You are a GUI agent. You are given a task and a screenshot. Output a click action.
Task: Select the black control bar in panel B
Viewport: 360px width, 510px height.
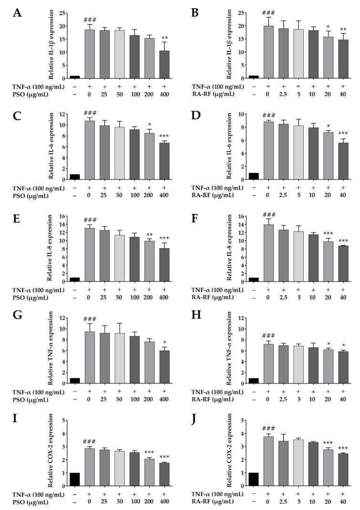click(x=253, y=77)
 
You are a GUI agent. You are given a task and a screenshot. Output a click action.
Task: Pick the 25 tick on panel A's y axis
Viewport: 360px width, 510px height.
click(x=63, y=12)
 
